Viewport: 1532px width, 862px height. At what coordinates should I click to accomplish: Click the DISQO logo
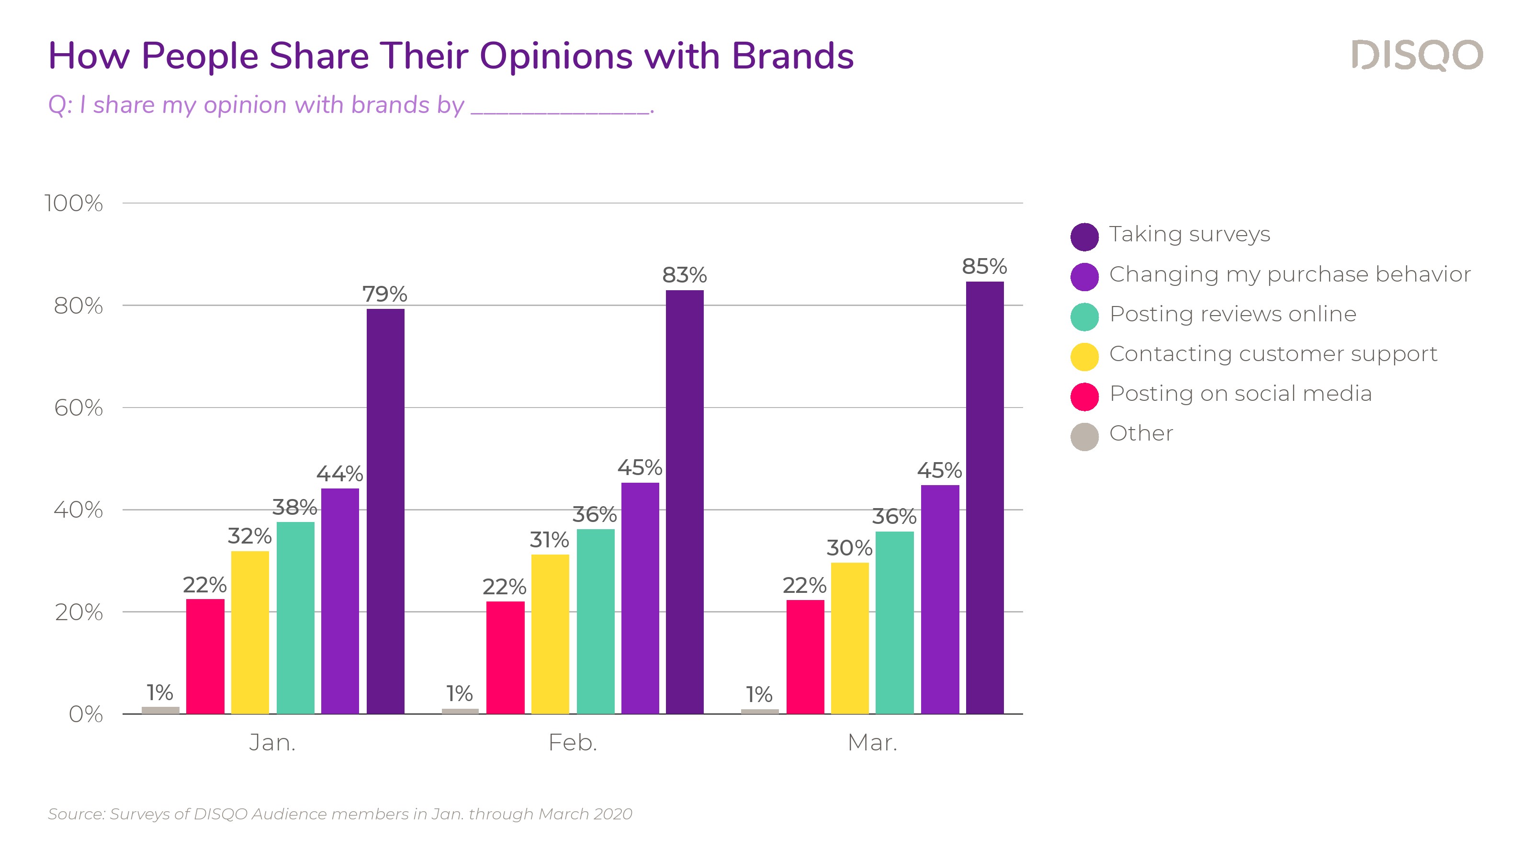click(1417, 56)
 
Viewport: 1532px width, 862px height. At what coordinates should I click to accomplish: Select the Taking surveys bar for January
click(385, 511)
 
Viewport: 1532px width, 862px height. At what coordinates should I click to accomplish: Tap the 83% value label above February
click(685, 275)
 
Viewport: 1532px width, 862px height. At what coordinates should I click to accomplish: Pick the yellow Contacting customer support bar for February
click(550, 634)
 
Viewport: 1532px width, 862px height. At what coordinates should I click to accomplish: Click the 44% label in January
click(339, 474)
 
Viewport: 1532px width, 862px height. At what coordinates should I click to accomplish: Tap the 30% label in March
click(849, 548)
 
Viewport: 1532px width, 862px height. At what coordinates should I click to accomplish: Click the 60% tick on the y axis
click(79, 408)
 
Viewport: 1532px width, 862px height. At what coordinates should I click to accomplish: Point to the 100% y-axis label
click(74, 204)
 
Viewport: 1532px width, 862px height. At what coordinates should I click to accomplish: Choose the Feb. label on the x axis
click(572, 742)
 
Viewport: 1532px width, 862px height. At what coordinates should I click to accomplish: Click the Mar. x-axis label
click(872, 742)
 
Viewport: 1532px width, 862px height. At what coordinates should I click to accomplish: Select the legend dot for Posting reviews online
click(1084, 317)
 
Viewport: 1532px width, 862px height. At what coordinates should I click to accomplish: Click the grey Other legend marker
click(1084, 437)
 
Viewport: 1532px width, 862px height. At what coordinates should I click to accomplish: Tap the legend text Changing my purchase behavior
click(1290, 274)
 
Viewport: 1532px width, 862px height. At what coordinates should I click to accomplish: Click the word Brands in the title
click(792, 56)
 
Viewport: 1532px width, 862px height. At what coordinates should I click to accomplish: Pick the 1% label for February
click(460, 693)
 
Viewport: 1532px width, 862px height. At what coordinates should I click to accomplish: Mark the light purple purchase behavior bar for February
click(640, 598)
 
